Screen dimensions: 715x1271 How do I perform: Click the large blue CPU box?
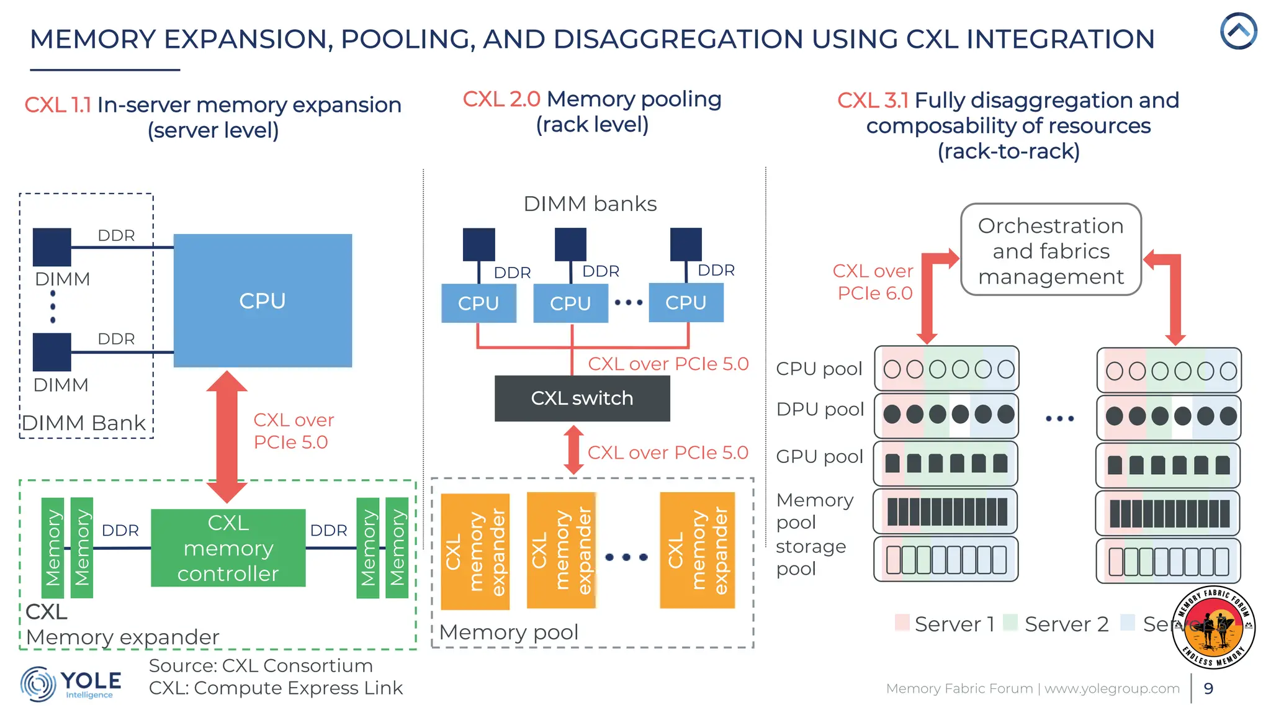pyautogui.click(x=263, y=300)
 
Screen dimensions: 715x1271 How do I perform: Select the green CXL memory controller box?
pyautogui.click(x=228, y=548)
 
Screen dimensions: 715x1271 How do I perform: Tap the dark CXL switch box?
pyautogui.click(x=582, y=398)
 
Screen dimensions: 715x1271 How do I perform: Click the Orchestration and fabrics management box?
pyautogui.click(x=1050, y=250)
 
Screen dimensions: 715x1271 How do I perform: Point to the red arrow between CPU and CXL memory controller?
pyautogui.click(x=227, y=437)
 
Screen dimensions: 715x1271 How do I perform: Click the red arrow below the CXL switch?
pyautogui.click(x=573, y=450)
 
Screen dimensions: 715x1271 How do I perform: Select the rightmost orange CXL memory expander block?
pyautogui.click(x=697, y=550)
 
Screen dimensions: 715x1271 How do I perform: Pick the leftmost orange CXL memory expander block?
pyautogui.click(x=475, y=551)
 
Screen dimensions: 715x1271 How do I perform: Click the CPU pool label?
pyautogui.click(x=819, y=369)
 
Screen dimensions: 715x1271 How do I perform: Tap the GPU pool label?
pyautogui.click(x=819, y=456)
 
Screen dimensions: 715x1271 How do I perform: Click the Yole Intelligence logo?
pyautogui.click(x=70, y=684)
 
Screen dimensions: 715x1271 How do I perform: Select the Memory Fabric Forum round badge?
pyautogui.click(x=1213, y=627)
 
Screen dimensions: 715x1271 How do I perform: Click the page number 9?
pyautogui.click(x=1208, y=688)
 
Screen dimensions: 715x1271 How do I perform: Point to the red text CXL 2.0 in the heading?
pyautogui.click(x=501, y=99)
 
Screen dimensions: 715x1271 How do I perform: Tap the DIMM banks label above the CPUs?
pyautogui.click(x=590, y=204)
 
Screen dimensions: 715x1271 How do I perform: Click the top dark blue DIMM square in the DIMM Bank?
pyautogui.click(x=52, y=247)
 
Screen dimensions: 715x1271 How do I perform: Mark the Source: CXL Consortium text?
pyautogui.click(x=261, y=665)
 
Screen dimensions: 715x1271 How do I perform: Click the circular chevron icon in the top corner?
pyautogui.click(x=1238, y=31)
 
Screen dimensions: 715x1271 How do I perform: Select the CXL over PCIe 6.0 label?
pyautogui.click(x=873, y=282)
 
